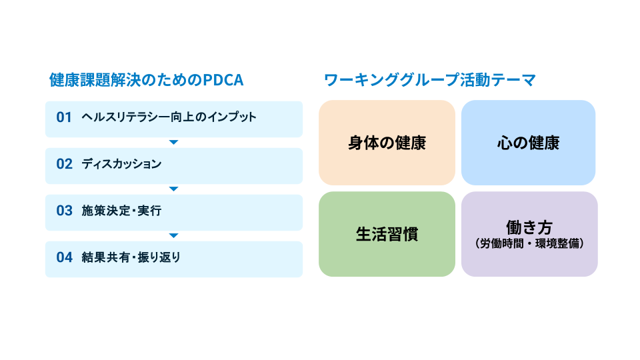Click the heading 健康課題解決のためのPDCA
(x=146, y=81)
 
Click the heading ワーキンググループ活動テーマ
(x=430, y=81)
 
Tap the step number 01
(x=64, y=117)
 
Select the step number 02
(x=64, y=164)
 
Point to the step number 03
(x=64, y=211)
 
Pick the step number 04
(x=64, y=257)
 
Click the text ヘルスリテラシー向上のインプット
(x=169, y=117)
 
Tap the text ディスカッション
(x=121, y=164)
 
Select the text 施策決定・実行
(x=121, y=211)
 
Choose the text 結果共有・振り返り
(x=131, y=257)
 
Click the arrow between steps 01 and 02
(x=173, y=142)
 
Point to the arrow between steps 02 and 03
(x=173, y=189)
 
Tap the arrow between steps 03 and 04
(x=173, y=235)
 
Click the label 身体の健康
(x=387, y=143)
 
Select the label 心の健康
(x=528, y=143)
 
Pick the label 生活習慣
(x=387, y=235)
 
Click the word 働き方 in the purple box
(x=529, y=227)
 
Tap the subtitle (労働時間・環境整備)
(x=529, y=244)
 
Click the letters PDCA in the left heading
(x=223, y=81)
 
